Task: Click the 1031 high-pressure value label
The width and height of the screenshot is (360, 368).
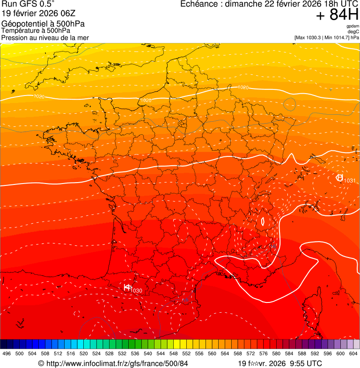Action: point(350,181)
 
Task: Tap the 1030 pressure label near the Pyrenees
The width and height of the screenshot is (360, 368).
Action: point(136,291)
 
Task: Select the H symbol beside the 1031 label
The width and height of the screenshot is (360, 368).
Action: point(339,177)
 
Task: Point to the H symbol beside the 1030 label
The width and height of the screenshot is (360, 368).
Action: point(127,287)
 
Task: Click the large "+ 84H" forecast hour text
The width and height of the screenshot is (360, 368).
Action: point(337,15)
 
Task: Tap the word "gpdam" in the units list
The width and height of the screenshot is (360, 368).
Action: point(353,26)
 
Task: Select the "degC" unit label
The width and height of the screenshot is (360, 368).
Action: point(354,31)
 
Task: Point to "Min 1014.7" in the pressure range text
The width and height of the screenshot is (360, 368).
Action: point(337,37)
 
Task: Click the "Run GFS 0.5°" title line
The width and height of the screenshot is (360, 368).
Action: point(28,4)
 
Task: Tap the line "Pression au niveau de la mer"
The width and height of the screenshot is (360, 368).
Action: point(45,37)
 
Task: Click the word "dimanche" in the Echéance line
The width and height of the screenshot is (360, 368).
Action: point(243,4)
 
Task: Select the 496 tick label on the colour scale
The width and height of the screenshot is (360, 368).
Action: point(7,353)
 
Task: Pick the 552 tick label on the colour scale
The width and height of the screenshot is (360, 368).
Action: point(186,353)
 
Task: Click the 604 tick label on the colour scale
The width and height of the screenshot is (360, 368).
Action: point(353,353)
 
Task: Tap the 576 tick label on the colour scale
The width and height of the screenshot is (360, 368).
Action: point(264,353)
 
